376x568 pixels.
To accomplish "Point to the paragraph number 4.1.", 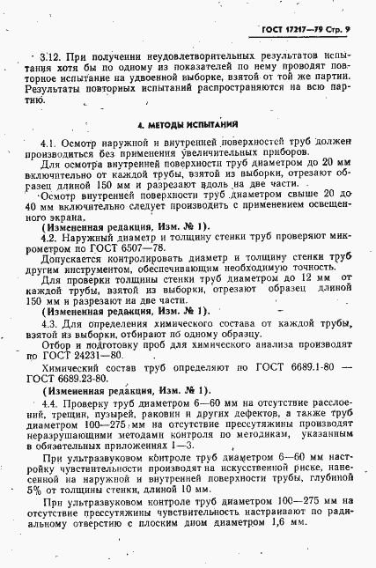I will tap(50, 143).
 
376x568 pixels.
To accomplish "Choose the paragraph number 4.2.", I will tap(50, 235).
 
